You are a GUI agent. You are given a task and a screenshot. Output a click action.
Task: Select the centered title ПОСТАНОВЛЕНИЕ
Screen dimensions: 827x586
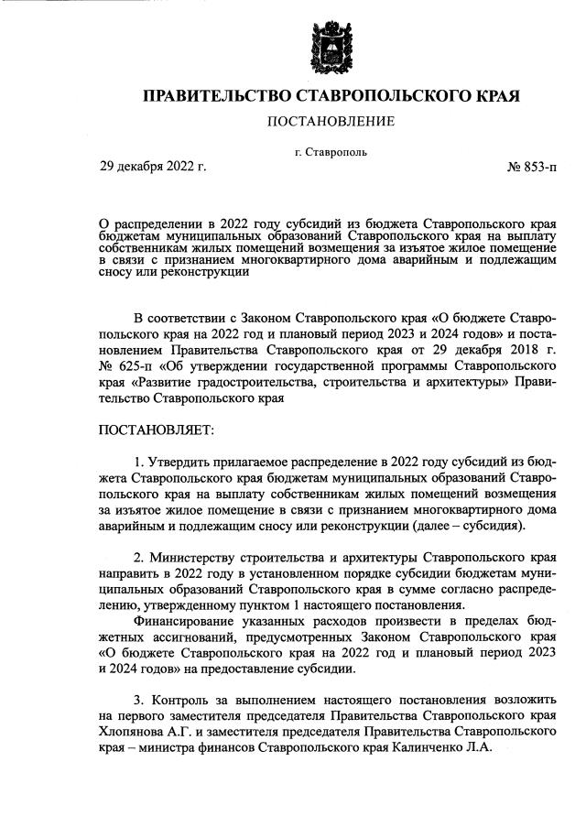coord(330,121)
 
